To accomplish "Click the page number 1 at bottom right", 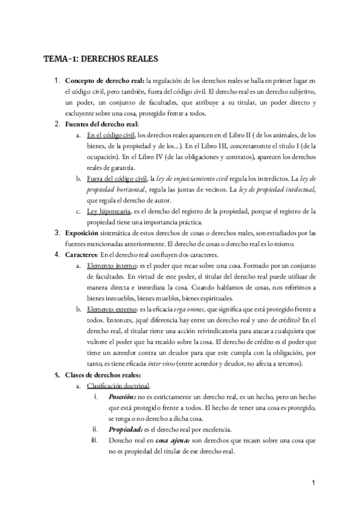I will [313, 483].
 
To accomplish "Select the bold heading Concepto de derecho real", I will [104, 80].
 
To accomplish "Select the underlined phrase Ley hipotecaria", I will [109, 211].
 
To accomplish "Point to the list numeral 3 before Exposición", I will [57, 233].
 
